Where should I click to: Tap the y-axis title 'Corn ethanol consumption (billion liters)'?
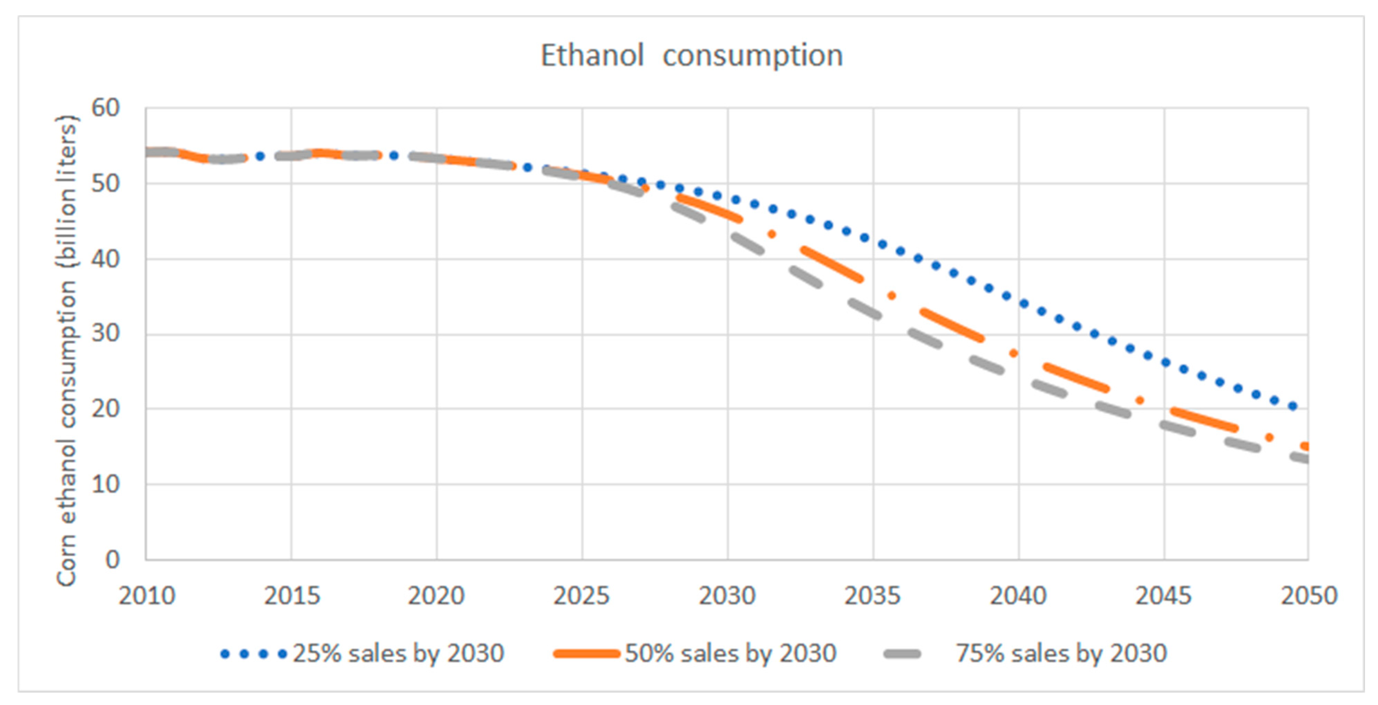click(66, 350)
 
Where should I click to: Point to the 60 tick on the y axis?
click(105, 108)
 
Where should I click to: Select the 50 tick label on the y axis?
click(105, 184)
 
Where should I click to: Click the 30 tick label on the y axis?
click(105, 334)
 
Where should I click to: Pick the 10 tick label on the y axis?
click(105, 484)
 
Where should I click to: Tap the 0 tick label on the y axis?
click(113, 560)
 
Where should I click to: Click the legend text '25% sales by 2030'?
click(398, 654)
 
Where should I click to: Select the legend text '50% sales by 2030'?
click(731, 654)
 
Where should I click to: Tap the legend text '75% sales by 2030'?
click(1061, 654)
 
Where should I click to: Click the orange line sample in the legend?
click(586, 654)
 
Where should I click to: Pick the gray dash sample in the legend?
click(903, 654)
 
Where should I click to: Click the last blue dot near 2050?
click(1293, 406)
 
